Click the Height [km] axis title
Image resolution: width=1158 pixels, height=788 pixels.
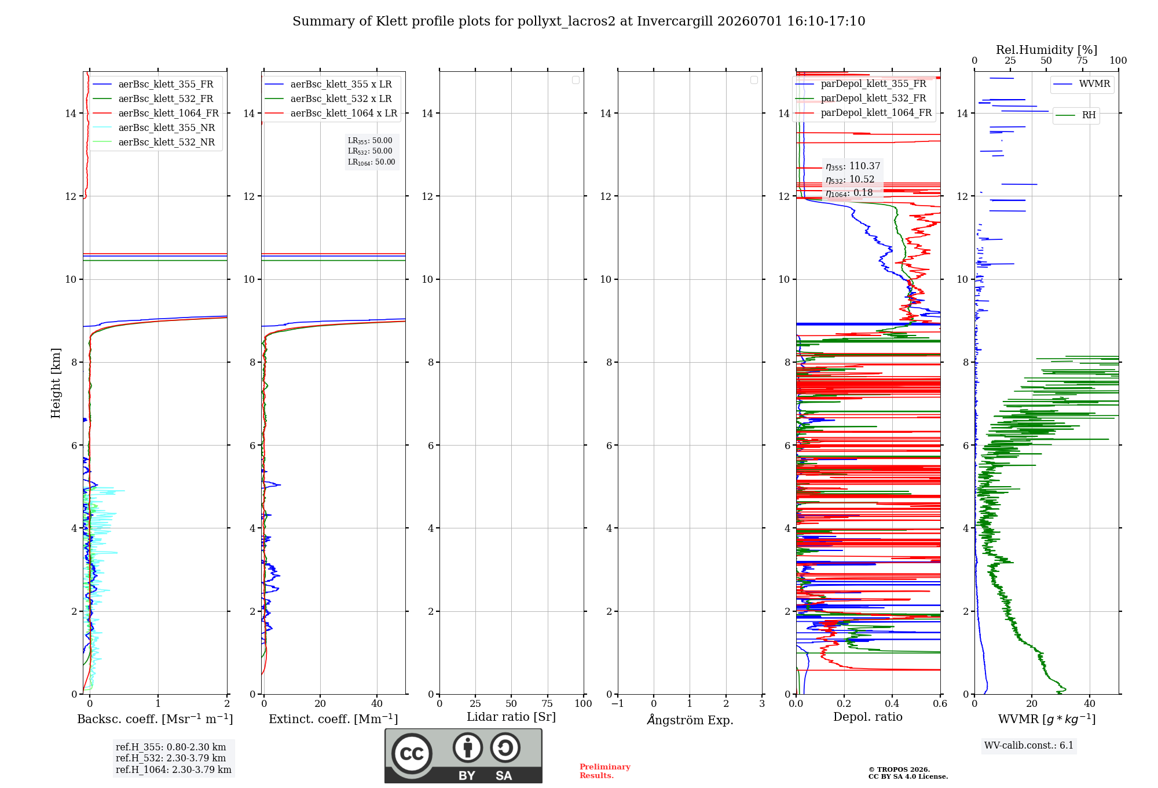56,383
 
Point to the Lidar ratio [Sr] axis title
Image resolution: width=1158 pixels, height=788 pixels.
511,717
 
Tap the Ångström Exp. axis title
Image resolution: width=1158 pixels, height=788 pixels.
690,720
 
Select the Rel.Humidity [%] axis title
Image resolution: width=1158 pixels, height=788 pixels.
1046,50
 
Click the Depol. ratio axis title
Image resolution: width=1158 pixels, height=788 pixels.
867,717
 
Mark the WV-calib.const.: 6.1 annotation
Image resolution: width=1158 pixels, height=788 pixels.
1029,745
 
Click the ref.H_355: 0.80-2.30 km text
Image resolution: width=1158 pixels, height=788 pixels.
171,747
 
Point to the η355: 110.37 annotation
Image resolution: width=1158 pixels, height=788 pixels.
852,166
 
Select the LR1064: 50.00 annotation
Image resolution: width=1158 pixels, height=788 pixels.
371,162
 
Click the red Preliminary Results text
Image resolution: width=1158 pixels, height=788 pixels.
604,771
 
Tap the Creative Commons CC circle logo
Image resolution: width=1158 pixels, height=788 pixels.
412,754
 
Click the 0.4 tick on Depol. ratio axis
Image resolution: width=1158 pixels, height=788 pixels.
892,703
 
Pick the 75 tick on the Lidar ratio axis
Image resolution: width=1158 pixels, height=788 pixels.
547,703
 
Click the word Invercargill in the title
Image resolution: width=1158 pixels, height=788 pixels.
675,21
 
